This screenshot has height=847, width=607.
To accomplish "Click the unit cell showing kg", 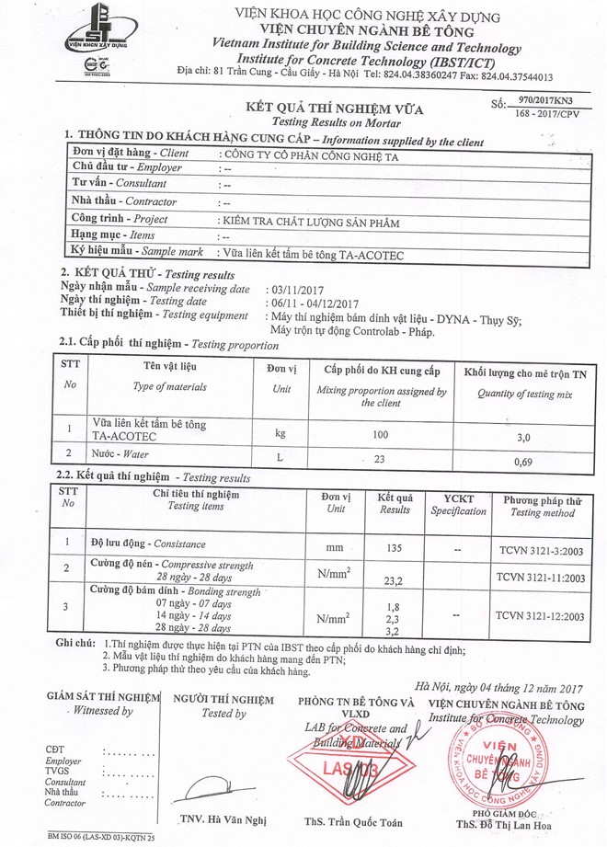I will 281,431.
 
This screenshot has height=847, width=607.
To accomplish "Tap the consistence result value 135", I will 395,548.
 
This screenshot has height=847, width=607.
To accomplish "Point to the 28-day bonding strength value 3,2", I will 395,633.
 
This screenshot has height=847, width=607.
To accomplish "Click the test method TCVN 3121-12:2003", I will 540,617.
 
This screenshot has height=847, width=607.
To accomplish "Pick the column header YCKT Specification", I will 458,505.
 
